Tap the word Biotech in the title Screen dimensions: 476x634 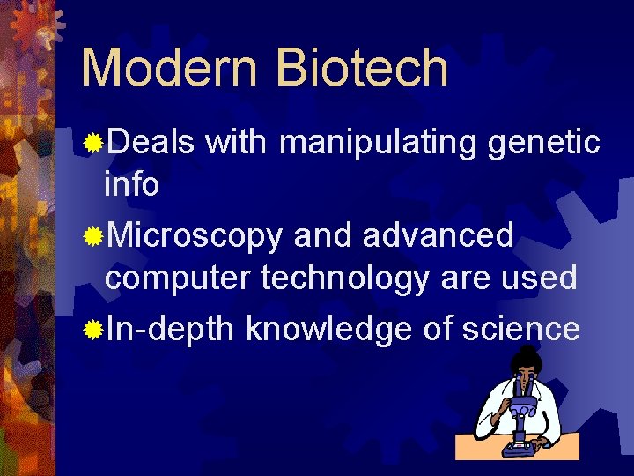(363, 68)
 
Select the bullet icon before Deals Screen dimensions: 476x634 (92, 142)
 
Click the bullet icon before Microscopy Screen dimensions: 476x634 (92, 236)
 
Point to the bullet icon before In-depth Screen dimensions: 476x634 (92, 331)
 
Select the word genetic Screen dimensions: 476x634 (545, 140)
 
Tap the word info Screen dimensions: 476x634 (131, 186)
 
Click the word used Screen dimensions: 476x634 (539, 279)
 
